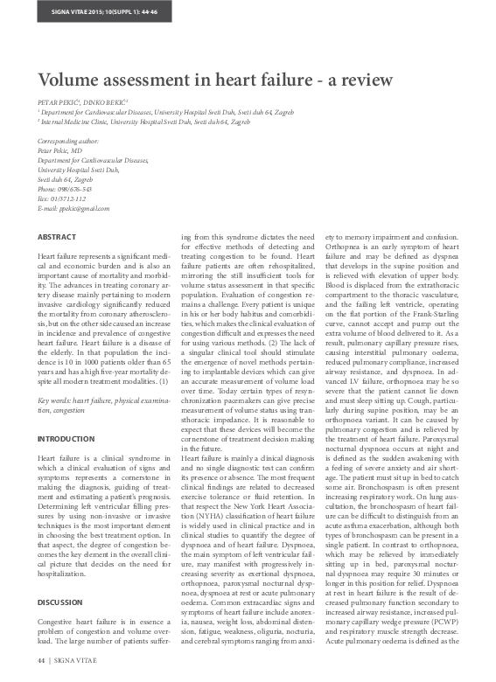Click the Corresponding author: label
[71, 142]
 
